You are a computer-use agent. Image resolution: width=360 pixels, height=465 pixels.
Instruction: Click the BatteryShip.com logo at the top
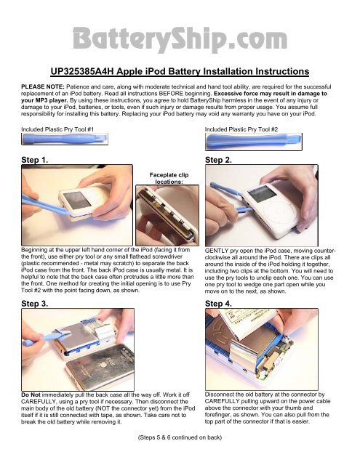pyautogui.click(x=180, y=39)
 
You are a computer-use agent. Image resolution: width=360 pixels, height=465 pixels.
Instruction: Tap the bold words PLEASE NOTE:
pyautogui.click(x=43, y=87)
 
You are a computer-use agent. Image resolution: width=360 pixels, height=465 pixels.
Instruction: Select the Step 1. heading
pyautogui.click(x=34, y=160)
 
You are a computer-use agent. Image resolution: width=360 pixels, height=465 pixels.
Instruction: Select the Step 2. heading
pyautogui.click(x=218, y=160)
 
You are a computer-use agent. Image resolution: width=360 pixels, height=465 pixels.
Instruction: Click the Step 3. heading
pyautogui.click(x=34, y=304)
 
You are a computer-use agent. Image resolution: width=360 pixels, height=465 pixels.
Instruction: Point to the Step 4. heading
pyautogui.click(x=218, y=304)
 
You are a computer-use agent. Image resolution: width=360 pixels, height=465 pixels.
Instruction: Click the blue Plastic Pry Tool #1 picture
pyautogui.click(x=65, y=139)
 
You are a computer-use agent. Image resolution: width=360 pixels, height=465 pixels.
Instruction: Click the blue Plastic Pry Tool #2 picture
pyautogui.click(x=253, y=142)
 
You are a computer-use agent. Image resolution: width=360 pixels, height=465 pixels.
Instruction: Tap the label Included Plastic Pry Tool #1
pyautogui.click(x=57, y=129)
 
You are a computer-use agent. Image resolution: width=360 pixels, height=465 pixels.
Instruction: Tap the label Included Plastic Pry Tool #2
pyautogui.click(x=241, y=129)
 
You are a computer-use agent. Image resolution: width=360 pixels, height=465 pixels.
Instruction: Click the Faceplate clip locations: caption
pyautogui.click(x=169, y=178)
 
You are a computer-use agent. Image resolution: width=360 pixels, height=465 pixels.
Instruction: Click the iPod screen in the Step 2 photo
pyautogui.click(x=262, y=194)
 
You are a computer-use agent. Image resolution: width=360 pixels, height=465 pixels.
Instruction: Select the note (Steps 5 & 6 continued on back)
pyautogui.click(x=180, y=437)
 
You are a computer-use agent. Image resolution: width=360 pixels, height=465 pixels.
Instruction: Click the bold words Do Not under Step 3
pyautogui.click(x=31, y=395)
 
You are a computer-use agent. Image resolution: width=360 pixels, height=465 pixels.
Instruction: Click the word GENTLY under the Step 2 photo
pyautogui.click(x=216, y=251)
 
